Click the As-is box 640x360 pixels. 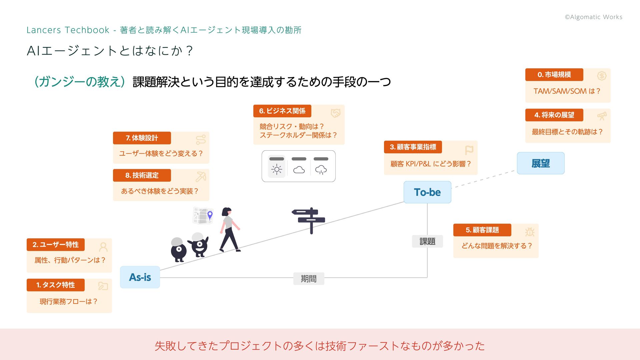tap(140, 277)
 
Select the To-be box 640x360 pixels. tap(427, 192)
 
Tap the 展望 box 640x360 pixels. tap(541, 163)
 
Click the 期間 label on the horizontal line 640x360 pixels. tap(309, 279)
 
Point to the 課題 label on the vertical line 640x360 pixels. tap(427, 241)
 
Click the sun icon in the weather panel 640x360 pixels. tap(277, 169)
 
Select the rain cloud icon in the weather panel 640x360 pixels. tap(321, 170)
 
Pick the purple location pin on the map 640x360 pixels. tap(210, 215)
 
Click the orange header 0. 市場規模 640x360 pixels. tap(554, 75)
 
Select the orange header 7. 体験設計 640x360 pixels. tap(142, 138)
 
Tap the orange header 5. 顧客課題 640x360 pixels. tap(482, 230)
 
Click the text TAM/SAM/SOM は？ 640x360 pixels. tap(567, 91)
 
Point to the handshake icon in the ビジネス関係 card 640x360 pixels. tap(335, 113)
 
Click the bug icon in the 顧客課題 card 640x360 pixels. tap(529, 232)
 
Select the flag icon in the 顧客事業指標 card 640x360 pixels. tap(469, 150)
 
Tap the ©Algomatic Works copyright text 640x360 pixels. tap(593, 17)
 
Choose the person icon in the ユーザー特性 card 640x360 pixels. tap(103, 247)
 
